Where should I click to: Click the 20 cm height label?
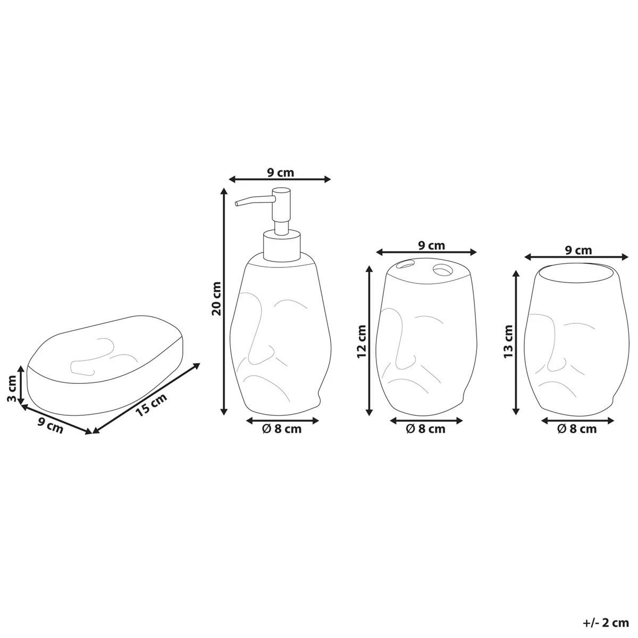pyautogui.click(x=216, y=298)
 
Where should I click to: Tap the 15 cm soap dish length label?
pyautogui.click(x=152, y=405)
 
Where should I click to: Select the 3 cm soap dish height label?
pyautogui.click(x=12, y=388)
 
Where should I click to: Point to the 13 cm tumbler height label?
pyautogui.click(x=508, y=341)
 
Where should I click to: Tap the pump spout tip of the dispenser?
pyautogui.click(x=237, y=203)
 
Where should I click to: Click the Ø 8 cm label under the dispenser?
pyautogui.click(x=282, y=430)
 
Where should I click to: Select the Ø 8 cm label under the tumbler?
pyautogui.click(x=577, y=430)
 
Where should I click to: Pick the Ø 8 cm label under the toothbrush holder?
pyautogui.click(x=426, y=430)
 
